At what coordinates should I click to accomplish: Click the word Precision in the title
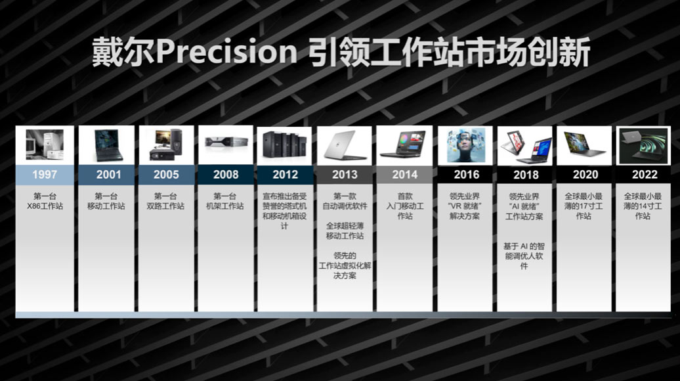226,53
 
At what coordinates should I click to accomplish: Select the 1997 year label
45,175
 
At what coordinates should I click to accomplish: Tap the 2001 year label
108,175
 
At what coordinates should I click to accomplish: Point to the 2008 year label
226,175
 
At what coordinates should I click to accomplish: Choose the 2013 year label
345,175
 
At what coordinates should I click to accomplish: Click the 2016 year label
467,175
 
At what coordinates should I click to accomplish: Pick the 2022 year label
645,175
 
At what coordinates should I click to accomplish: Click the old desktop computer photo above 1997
45,145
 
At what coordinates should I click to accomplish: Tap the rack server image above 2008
226,141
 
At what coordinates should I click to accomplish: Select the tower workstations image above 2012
284,145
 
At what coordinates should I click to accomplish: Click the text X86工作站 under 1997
45,206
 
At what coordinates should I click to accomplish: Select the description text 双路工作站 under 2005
165,206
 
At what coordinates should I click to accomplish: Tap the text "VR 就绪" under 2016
465,206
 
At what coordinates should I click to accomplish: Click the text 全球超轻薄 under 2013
345,226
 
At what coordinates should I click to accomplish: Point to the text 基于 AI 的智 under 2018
524,246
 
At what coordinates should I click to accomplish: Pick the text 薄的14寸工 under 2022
643,206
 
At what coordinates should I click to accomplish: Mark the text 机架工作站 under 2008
224,206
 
